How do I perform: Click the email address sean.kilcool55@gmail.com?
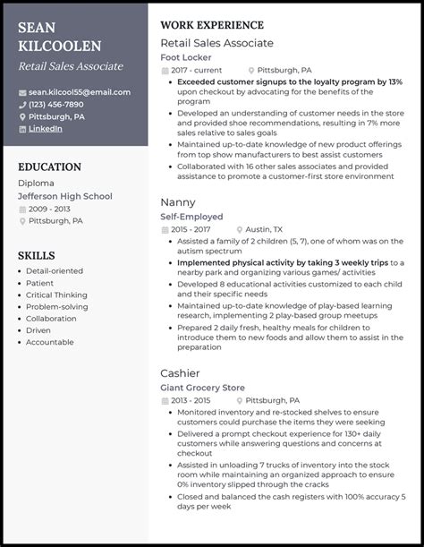78,92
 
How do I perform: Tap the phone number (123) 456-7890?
61,105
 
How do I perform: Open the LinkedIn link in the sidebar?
45,129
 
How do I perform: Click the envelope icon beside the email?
21,92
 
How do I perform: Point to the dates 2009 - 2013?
49,208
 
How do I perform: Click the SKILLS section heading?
37,255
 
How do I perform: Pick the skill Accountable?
51,341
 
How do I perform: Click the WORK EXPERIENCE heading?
211,25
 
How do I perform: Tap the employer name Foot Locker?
185,56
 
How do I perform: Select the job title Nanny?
177,202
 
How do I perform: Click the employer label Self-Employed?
191,217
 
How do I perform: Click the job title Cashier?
181,372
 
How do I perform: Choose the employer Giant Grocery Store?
202,387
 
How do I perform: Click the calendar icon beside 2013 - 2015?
164,399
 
